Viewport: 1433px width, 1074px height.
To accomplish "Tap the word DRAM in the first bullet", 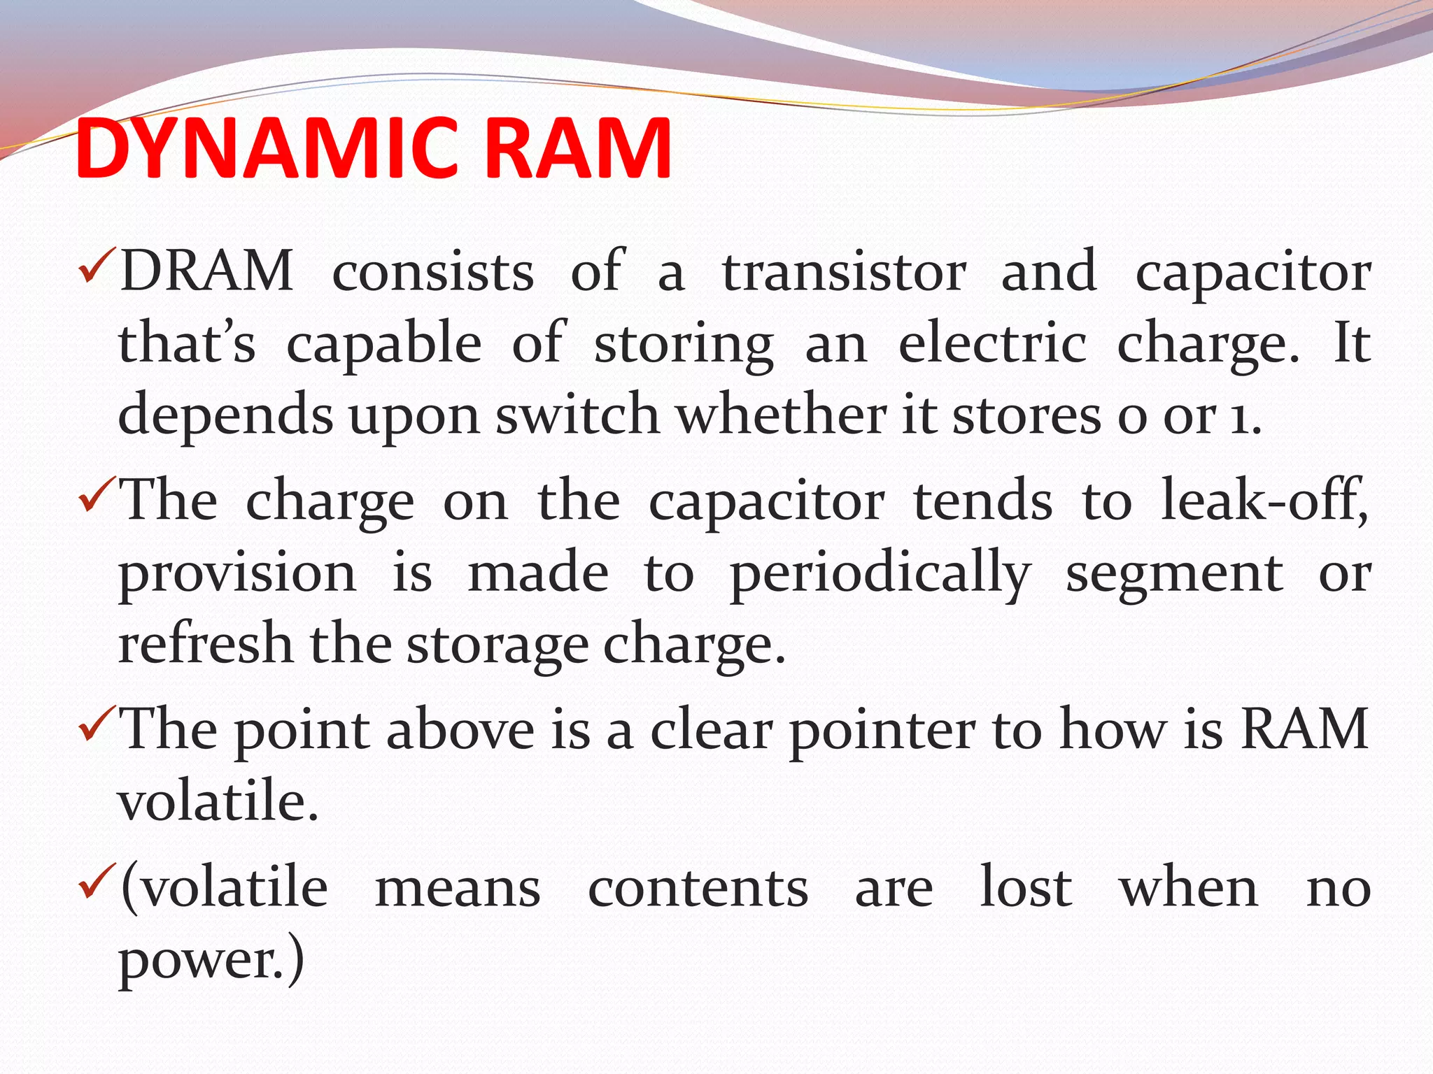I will (206, 271).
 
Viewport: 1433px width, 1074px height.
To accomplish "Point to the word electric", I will (992, 343).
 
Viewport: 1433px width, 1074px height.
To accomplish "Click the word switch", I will (577, 415).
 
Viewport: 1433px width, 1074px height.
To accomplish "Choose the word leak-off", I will (1263, 501).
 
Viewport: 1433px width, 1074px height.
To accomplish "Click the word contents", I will (698, 889).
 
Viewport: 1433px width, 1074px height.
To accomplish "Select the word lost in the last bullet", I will (1026, 887).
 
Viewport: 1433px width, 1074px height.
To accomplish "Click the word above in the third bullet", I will (460, 730).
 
